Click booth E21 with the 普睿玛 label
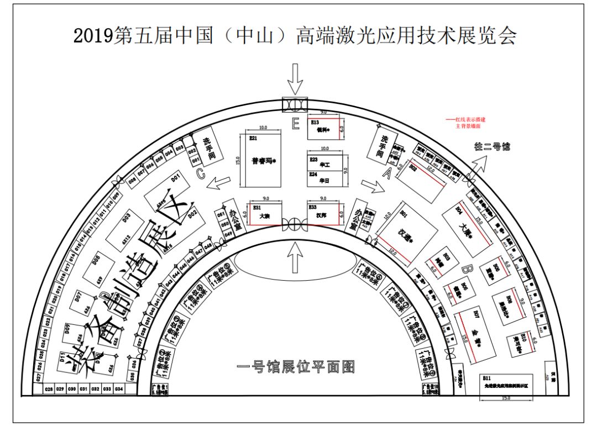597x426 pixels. pos(261,161)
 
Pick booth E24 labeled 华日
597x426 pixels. pos(326,180)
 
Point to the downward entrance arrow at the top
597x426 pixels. pos(295,79)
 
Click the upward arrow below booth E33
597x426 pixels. pos(295,256)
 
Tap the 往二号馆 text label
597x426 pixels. pos(492,147)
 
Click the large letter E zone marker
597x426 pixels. pos(295,124)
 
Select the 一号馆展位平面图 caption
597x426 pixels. pos(295,367)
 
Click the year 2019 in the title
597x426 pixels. pos(92,36)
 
